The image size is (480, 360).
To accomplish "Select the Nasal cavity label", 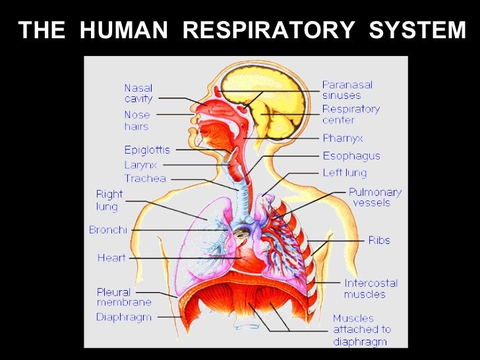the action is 138,93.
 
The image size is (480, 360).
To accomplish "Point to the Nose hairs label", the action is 137,121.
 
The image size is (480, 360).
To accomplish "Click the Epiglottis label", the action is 147,150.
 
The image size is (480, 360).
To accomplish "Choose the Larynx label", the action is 140,165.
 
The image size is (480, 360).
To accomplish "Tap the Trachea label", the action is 145,179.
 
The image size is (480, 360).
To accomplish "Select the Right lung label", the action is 109,200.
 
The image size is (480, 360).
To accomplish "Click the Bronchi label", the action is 107,230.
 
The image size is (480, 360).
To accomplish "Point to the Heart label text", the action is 111,258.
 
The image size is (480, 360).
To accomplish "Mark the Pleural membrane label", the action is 124,297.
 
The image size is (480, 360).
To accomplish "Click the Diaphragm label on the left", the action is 124,317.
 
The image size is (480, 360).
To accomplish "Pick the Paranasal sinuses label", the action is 347,90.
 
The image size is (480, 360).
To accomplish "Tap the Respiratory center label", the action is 351,114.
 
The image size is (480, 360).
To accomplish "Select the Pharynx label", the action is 343,138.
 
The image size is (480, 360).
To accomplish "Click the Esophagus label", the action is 351,156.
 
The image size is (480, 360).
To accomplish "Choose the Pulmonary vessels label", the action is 375,196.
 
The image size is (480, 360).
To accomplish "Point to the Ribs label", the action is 379,240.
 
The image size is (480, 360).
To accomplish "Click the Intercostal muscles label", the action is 371,287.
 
